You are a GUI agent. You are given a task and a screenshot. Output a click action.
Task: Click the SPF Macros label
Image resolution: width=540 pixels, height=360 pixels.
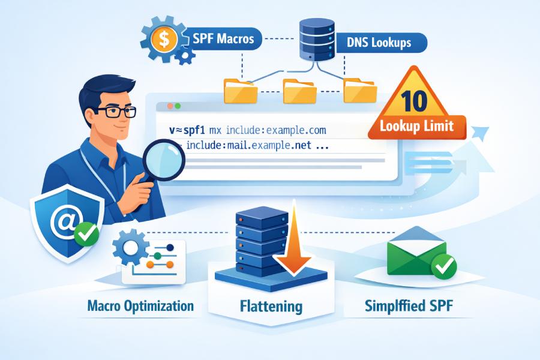point(223,38)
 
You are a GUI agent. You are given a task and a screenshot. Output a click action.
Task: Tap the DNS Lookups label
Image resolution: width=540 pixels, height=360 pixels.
point(379,43)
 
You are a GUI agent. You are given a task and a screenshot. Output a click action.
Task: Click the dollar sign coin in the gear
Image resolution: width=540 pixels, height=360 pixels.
point(164,38)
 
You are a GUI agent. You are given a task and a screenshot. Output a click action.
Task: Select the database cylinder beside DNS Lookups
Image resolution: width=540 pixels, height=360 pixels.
point(317,40)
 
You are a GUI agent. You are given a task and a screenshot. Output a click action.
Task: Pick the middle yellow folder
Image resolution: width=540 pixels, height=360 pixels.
point(299,91)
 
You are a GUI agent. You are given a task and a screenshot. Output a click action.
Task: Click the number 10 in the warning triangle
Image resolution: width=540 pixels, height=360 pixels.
point(414,101)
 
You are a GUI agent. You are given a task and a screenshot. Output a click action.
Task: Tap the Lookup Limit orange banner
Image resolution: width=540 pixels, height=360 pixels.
point(417,127)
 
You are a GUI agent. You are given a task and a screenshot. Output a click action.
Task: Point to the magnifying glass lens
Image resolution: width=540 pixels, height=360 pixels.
point(164,160)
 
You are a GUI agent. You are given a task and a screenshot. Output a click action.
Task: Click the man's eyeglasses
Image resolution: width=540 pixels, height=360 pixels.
point(115,112)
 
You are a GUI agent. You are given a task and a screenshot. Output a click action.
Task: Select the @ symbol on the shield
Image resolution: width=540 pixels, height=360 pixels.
point(66,221)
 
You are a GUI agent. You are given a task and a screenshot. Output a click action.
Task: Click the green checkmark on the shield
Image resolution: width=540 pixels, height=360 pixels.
point(86,234)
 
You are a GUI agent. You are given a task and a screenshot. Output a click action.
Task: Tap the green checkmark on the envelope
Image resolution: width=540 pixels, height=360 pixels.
point(444,266)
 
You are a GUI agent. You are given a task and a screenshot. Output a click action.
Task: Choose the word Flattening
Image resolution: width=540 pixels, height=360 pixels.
point(271,306)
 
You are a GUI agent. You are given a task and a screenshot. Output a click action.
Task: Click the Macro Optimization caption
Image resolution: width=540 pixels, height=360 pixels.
point(140,305)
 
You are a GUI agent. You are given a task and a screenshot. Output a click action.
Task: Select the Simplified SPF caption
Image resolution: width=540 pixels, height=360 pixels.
point(409,305)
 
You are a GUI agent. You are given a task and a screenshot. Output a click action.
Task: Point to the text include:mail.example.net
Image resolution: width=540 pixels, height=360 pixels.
point(248,145)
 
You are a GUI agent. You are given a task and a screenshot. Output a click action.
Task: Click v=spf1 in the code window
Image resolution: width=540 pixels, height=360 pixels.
point(187,131)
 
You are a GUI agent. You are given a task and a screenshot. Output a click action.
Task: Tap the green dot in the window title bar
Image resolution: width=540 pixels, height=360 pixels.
point(178,106)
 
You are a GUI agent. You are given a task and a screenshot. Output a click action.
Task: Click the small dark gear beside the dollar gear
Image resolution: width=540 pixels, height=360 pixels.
point(185,55)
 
